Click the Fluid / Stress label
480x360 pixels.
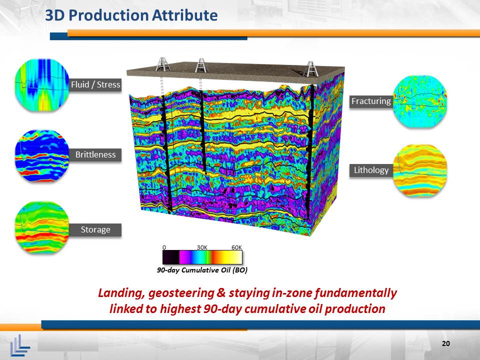(x=95, y=84)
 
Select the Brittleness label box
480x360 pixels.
(x=95, y=154)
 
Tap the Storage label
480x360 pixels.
(x=95, y=229)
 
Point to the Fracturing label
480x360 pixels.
(x=371, y=101)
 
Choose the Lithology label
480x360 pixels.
(x=371, y=170)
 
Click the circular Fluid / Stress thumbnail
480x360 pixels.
(x=42, y=84)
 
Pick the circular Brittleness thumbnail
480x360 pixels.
(x=42, y=155)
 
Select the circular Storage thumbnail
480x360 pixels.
(x=42, y=227)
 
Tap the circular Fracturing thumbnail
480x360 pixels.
(x=419, y=101)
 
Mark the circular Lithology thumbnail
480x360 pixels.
(x=419, y=170)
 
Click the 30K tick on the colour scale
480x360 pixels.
(x=202, y=247)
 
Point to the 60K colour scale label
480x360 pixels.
(x=236, y=247)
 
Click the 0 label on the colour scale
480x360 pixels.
(x=164, y=247)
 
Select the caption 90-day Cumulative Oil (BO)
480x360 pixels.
(x=202, y=270)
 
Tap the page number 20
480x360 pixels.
(x=446, y=343)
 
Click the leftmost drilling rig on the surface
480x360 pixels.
(x=162, y=64)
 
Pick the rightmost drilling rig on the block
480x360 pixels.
(x=310, y=68)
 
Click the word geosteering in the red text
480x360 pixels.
(x=181, y=293)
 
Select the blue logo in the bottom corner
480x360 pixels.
(x=20, y=345)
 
